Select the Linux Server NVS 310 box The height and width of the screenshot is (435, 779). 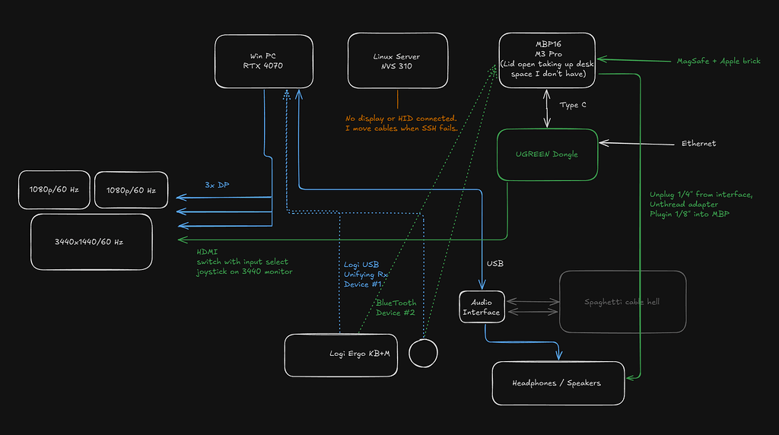click(x=396, y=61)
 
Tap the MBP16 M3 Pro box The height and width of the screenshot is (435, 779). click(x=546, y=60)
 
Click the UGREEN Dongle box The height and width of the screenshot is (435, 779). click(x=547, y=154)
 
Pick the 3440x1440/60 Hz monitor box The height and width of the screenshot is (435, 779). click(x=91, y=242)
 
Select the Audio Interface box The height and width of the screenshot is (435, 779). click(x=482, y=307)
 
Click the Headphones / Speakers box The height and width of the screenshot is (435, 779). click(x=558, y=383)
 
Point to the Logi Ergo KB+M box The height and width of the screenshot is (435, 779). click(x=340, y=354)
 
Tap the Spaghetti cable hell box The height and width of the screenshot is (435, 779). click(x=622, y=302)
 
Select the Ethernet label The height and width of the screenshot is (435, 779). click(x=698, y=143)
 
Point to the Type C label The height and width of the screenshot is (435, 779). click(x=573, y=105)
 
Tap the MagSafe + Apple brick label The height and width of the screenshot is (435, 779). click(x=717, y=61)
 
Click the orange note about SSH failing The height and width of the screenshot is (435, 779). click(x=401, y=123)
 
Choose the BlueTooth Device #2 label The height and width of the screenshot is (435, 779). click(x=396, y=307)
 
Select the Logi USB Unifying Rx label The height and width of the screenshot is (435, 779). click(x=366, y=274)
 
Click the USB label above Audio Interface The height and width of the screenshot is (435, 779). click(x=494, y=264)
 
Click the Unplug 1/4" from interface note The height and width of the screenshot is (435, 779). click(x=701, y=204)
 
